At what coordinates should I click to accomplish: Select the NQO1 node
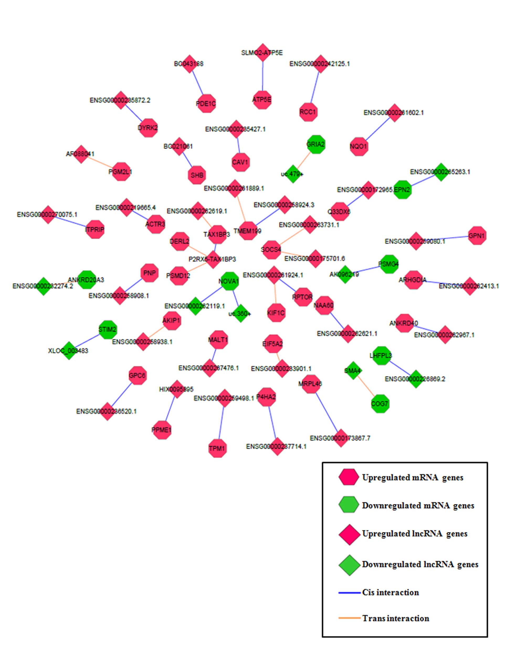359,147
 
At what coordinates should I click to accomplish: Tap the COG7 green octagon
380,403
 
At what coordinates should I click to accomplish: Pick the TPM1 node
217,448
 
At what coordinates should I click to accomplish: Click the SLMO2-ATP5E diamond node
263,52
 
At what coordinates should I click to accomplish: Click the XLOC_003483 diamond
69,350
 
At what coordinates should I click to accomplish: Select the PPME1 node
162,430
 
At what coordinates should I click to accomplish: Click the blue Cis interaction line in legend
349,592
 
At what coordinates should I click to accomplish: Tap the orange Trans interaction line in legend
349,618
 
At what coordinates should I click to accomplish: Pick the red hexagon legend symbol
349,477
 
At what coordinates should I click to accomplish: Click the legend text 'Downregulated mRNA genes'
418,506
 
